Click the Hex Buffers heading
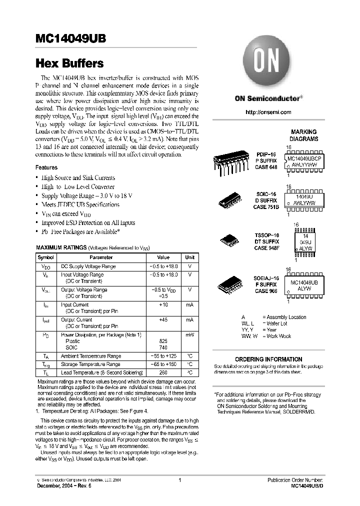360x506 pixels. click(x=69, y=63)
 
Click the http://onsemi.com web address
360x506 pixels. click(x=268, y=112)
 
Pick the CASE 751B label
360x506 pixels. click(x=265, y=207)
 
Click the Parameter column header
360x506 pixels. click(x=101, y=257)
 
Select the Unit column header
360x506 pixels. click(x=189, y=257)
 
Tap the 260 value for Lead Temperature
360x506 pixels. click(x=163, y=372)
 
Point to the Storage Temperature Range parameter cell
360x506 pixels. click(x=90, y=364)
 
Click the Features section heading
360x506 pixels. click(x=46, y=167)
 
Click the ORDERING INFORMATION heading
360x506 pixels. click(x=268, y=359)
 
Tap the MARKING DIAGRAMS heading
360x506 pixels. click(x=304, y=135)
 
